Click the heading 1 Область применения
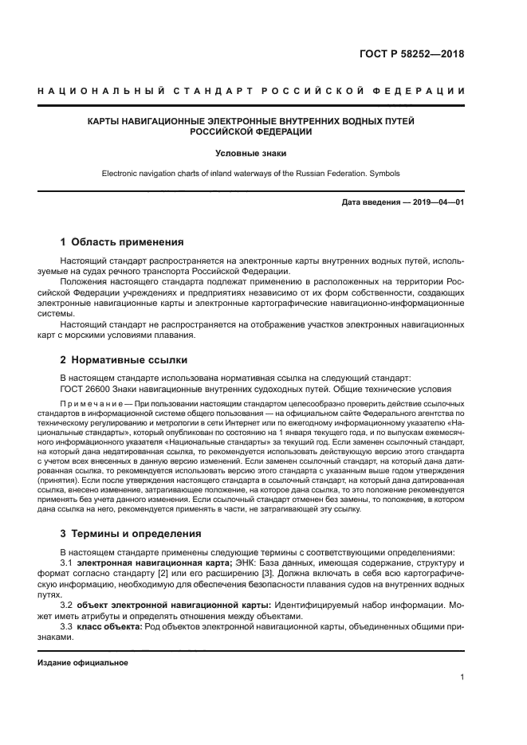click(122, 241)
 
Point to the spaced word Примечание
click(86, 405)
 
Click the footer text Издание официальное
click(83, 663)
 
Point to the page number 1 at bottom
click(462, 677)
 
